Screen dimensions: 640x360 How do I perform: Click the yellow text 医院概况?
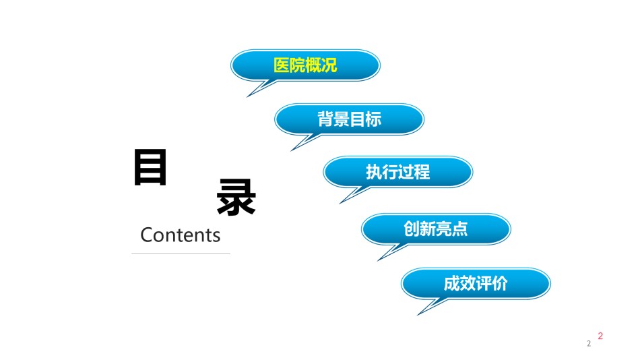click(x=305, y=65)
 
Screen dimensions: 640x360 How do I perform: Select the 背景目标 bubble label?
click(x=350, y=119)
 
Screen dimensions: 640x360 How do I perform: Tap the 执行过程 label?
click(x=398, y=172)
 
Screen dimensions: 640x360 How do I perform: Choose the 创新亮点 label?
click(x=435, y=229)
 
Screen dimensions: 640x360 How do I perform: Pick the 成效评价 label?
click(x=476, y=283)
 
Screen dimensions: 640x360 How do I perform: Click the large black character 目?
click(x=150, y=167)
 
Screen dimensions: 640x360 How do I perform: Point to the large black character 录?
click(x=236, y=197)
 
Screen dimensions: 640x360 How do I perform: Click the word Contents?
click(x=180, y=235)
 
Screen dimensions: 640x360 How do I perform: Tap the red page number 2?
click(x=600, y=336)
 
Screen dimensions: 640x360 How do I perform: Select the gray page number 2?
click(x=589, y=344)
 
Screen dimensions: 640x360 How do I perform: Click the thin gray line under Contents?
click(x=181, y=253)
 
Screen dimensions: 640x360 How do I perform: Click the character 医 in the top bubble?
click(x=281, y=65)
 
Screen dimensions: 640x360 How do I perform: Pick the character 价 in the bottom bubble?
click(x=500, y=283)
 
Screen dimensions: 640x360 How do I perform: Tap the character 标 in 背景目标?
click(x=374, y=119)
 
